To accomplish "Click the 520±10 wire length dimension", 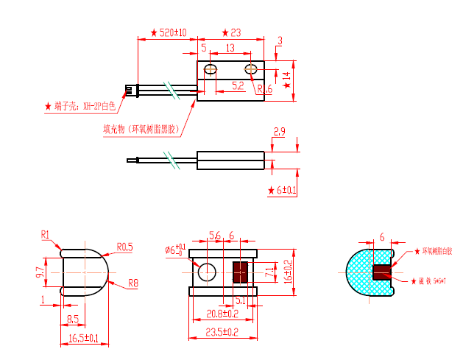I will pos(172,33).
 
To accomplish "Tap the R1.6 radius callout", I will pos(264,89).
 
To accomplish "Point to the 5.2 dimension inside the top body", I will pos(238,86).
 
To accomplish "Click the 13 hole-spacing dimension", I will pos(230,48).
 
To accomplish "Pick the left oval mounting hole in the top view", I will pos(211,71).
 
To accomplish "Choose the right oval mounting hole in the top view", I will pos(252,71).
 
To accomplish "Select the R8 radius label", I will pos(133,283).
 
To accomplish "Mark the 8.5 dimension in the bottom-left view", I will pos(74,319).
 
